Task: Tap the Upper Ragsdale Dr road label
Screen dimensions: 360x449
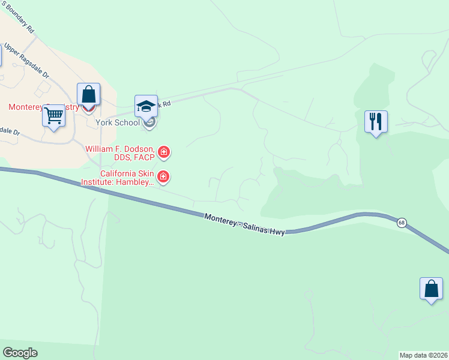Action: pyautogui.click(x=27, y=61)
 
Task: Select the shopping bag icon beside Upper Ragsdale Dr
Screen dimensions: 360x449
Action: pyautogui.click(x=88, y=95)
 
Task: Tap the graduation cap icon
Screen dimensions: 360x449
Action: pyautogui.click(x=146, y=106)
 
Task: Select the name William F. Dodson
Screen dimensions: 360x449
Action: pyautogui.click(x=120, y=148)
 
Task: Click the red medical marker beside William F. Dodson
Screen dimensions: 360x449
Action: pyautogui.click(x=163, y=153)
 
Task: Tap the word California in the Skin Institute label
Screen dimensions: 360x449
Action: pyautogui.click(x=119, y=174)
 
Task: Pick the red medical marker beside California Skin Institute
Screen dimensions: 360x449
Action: pyautogui.click(x=163, y=177)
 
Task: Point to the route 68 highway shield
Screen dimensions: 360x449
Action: pyautogui.click(x=401, y=223)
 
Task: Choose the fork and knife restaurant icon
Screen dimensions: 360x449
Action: pyautogui.click(x=376, y=122)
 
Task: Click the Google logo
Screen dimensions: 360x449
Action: pyautogui.click(x=20, y=353)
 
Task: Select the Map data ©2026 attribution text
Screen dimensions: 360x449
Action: pyautogui.click(x=424, y=355)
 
